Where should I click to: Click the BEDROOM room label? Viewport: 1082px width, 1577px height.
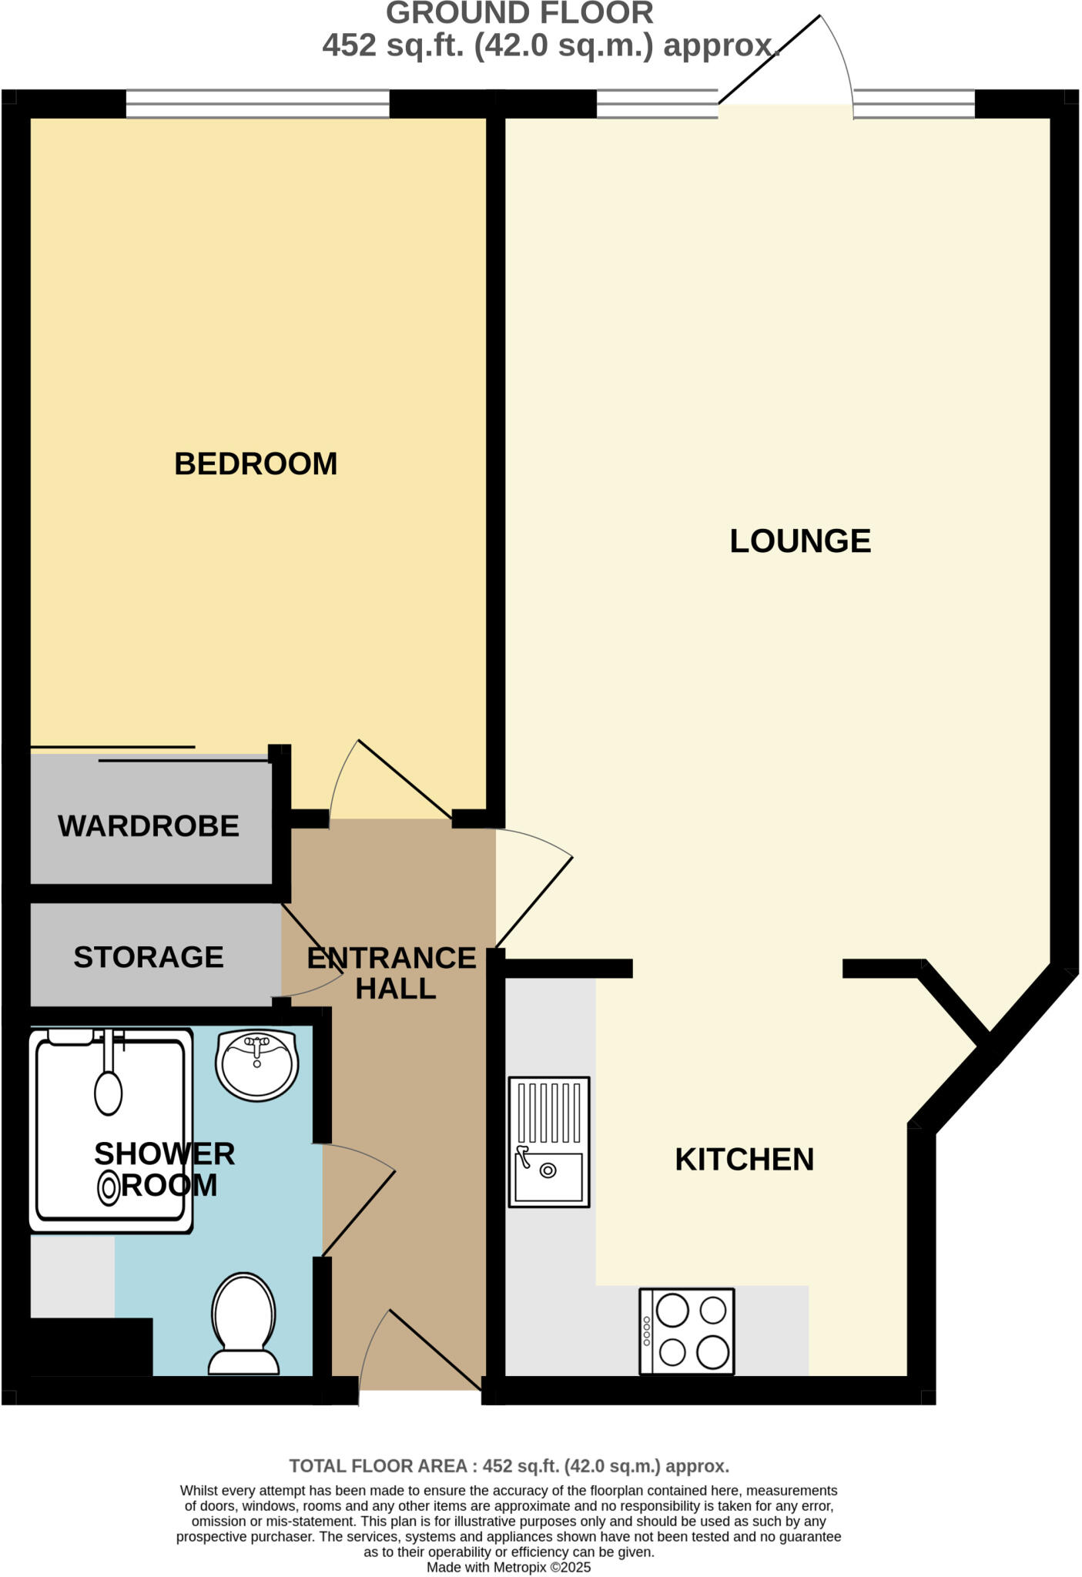coord(256,464)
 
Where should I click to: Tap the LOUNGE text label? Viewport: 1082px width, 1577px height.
coord(800,541)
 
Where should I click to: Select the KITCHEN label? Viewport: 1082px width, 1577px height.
coord(744,1160)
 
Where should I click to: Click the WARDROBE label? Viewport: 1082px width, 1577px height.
coord(149,826)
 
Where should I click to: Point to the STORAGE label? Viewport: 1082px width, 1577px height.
coord(149,957)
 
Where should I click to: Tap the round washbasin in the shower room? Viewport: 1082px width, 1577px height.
coord(257,1066)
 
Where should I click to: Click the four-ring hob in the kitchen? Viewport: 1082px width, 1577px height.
coord(687,1331)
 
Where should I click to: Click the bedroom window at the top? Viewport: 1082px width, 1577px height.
coord(257,104)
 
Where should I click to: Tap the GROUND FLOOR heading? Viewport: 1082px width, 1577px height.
coord(519,13)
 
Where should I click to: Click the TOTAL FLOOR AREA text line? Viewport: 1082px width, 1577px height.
coord(509,1466)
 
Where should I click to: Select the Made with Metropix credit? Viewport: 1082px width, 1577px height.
coord(509,1567)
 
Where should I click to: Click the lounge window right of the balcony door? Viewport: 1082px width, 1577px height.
coord(914,104)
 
